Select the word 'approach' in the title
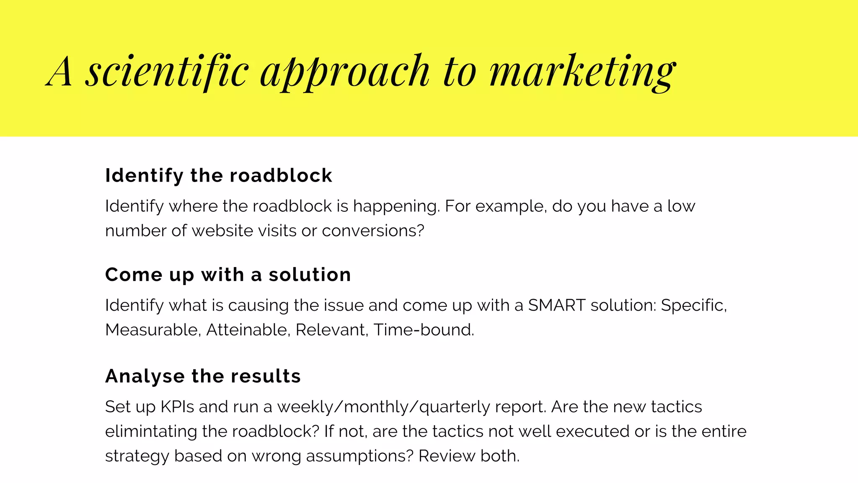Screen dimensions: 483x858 pyautogui.click(x=344, y=72)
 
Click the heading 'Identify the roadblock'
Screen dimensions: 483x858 pyautogui.click(x=218, y=175)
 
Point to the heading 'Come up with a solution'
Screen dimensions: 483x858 pyautogui.click(x=228, y=275)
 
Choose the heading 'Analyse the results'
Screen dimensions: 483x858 pyautogui.click(x=203, y=376)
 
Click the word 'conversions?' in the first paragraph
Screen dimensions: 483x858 pyautogui.click(x=373, y=231)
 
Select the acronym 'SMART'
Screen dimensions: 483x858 pyautogui.click(x=556, y=305)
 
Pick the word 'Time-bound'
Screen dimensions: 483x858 pyautogui.click(x=423, y=330)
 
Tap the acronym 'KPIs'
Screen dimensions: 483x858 pyautogui.click(x=177, y=407)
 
